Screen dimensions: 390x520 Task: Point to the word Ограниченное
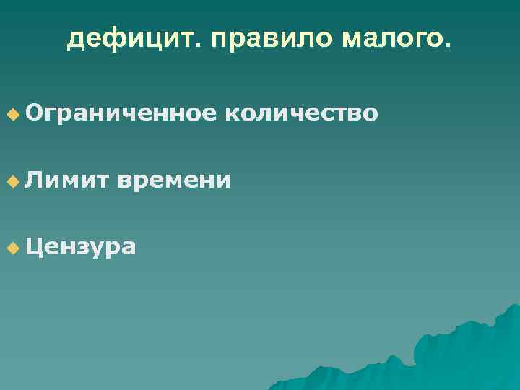point(121,113)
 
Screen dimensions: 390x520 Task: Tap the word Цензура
point(80,248)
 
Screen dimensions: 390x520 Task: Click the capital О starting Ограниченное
point(33,113)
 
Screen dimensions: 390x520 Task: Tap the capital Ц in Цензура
point(33,248)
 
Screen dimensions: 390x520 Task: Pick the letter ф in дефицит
point(114,40)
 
